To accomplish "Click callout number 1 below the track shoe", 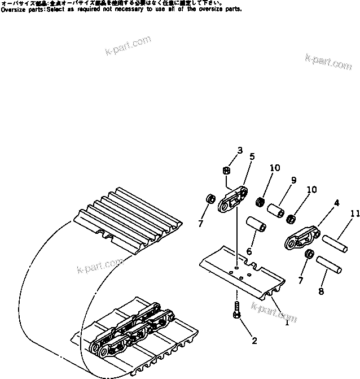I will point(287,322).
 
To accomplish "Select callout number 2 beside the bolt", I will point(254,341).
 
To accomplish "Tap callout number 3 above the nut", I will point(240,151).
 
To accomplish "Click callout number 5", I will point(252,156).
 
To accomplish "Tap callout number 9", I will point(293,181).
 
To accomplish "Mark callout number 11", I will point(353,214).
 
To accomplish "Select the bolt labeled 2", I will point(235,310).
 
